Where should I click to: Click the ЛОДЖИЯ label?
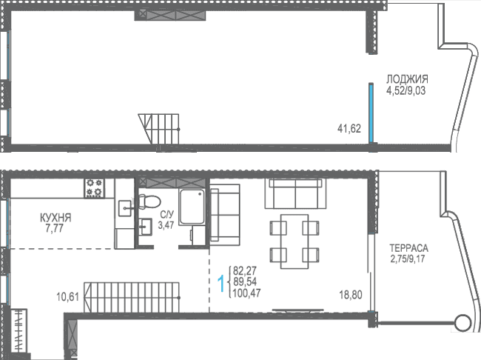[x=407, y=79]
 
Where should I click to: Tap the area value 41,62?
[x=349, y=128]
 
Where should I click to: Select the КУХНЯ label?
[x=55, y=218]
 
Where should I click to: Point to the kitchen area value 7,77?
[x=54, y=229]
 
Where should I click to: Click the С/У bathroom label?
[x=167, y=214]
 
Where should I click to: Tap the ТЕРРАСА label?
[x=408, y=248]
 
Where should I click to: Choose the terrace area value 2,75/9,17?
[x=408, y=259]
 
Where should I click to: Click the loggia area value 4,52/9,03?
[x=406, y=91]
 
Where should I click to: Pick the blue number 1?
[x=221, y=284]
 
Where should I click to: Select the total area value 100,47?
[x=247, y=293]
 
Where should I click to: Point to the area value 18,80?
[x=350, y=295]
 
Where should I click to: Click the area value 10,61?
[x=68, y=297]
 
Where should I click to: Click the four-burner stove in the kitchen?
[x=94, y=188]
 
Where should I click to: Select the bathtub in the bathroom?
[x=192, y=207]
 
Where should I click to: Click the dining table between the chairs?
[x=295, y=241]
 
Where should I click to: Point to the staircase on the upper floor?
[x=159, y=129]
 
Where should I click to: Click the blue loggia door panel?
[x=371, y=113]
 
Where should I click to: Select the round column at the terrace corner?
[x=463, y=323]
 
